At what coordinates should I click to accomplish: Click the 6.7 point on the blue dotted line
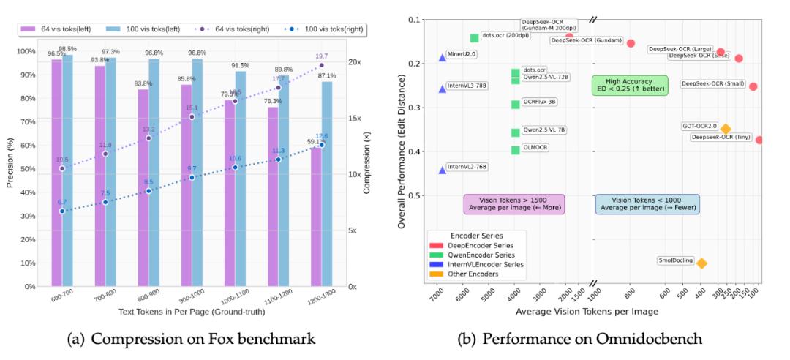62,211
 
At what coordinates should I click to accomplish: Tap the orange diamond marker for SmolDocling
701,263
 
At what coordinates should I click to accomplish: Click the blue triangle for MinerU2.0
442,57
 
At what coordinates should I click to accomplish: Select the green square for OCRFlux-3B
515,104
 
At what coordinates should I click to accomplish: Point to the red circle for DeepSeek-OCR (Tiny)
759,140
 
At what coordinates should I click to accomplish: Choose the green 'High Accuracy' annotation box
620,85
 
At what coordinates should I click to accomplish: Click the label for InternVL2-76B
467,167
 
